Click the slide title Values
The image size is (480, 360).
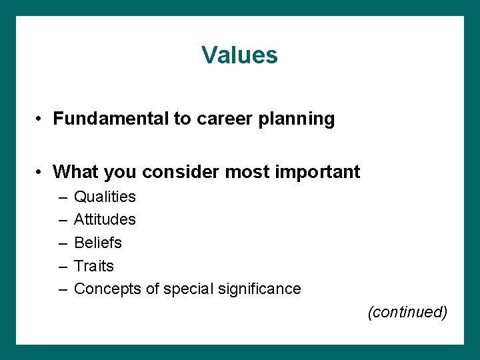click(x=239, y=55)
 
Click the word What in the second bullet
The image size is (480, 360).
click(x=74, y=171)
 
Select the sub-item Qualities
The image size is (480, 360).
click(x=105, y=197)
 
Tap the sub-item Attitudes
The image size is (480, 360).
click(x=105, y=219)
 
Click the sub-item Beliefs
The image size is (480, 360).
click(x=98, y=243)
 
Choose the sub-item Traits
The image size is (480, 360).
click(x=94, y=266)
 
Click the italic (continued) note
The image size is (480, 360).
click(x=407, y=312)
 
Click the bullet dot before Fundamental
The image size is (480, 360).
click(x=41, y=119)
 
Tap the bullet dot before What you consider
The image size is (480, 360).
click(x=41, y=172)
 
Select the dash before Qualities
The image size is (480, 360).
click(x=62, y=197)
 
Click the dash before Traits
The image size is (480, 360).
click(x=62, y=267)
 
